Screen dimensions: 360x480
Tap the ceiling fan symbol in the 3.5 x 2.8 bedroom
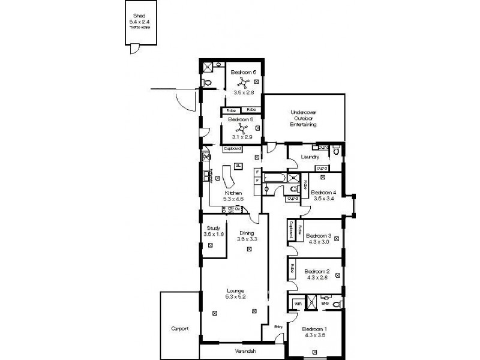point(243,83)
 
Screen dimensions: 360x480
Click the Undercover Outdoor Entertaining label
point(303,118)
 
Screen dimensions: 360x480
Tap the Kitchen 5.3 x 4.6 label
point(233,196)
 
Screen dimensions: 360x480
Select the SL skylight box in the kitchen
point(238,166)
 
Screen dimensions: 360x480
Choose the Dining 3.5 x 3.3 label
point(247,236)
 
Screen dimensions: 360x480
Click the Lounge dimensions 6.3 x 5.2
point(235,296)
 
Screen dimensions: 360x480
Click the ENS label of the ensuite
point(325,304)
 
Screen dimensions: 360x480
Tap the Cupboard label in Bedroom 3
point(290,230)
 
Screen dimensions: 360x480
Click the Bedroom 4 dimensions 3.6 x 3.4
point(323,199)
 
